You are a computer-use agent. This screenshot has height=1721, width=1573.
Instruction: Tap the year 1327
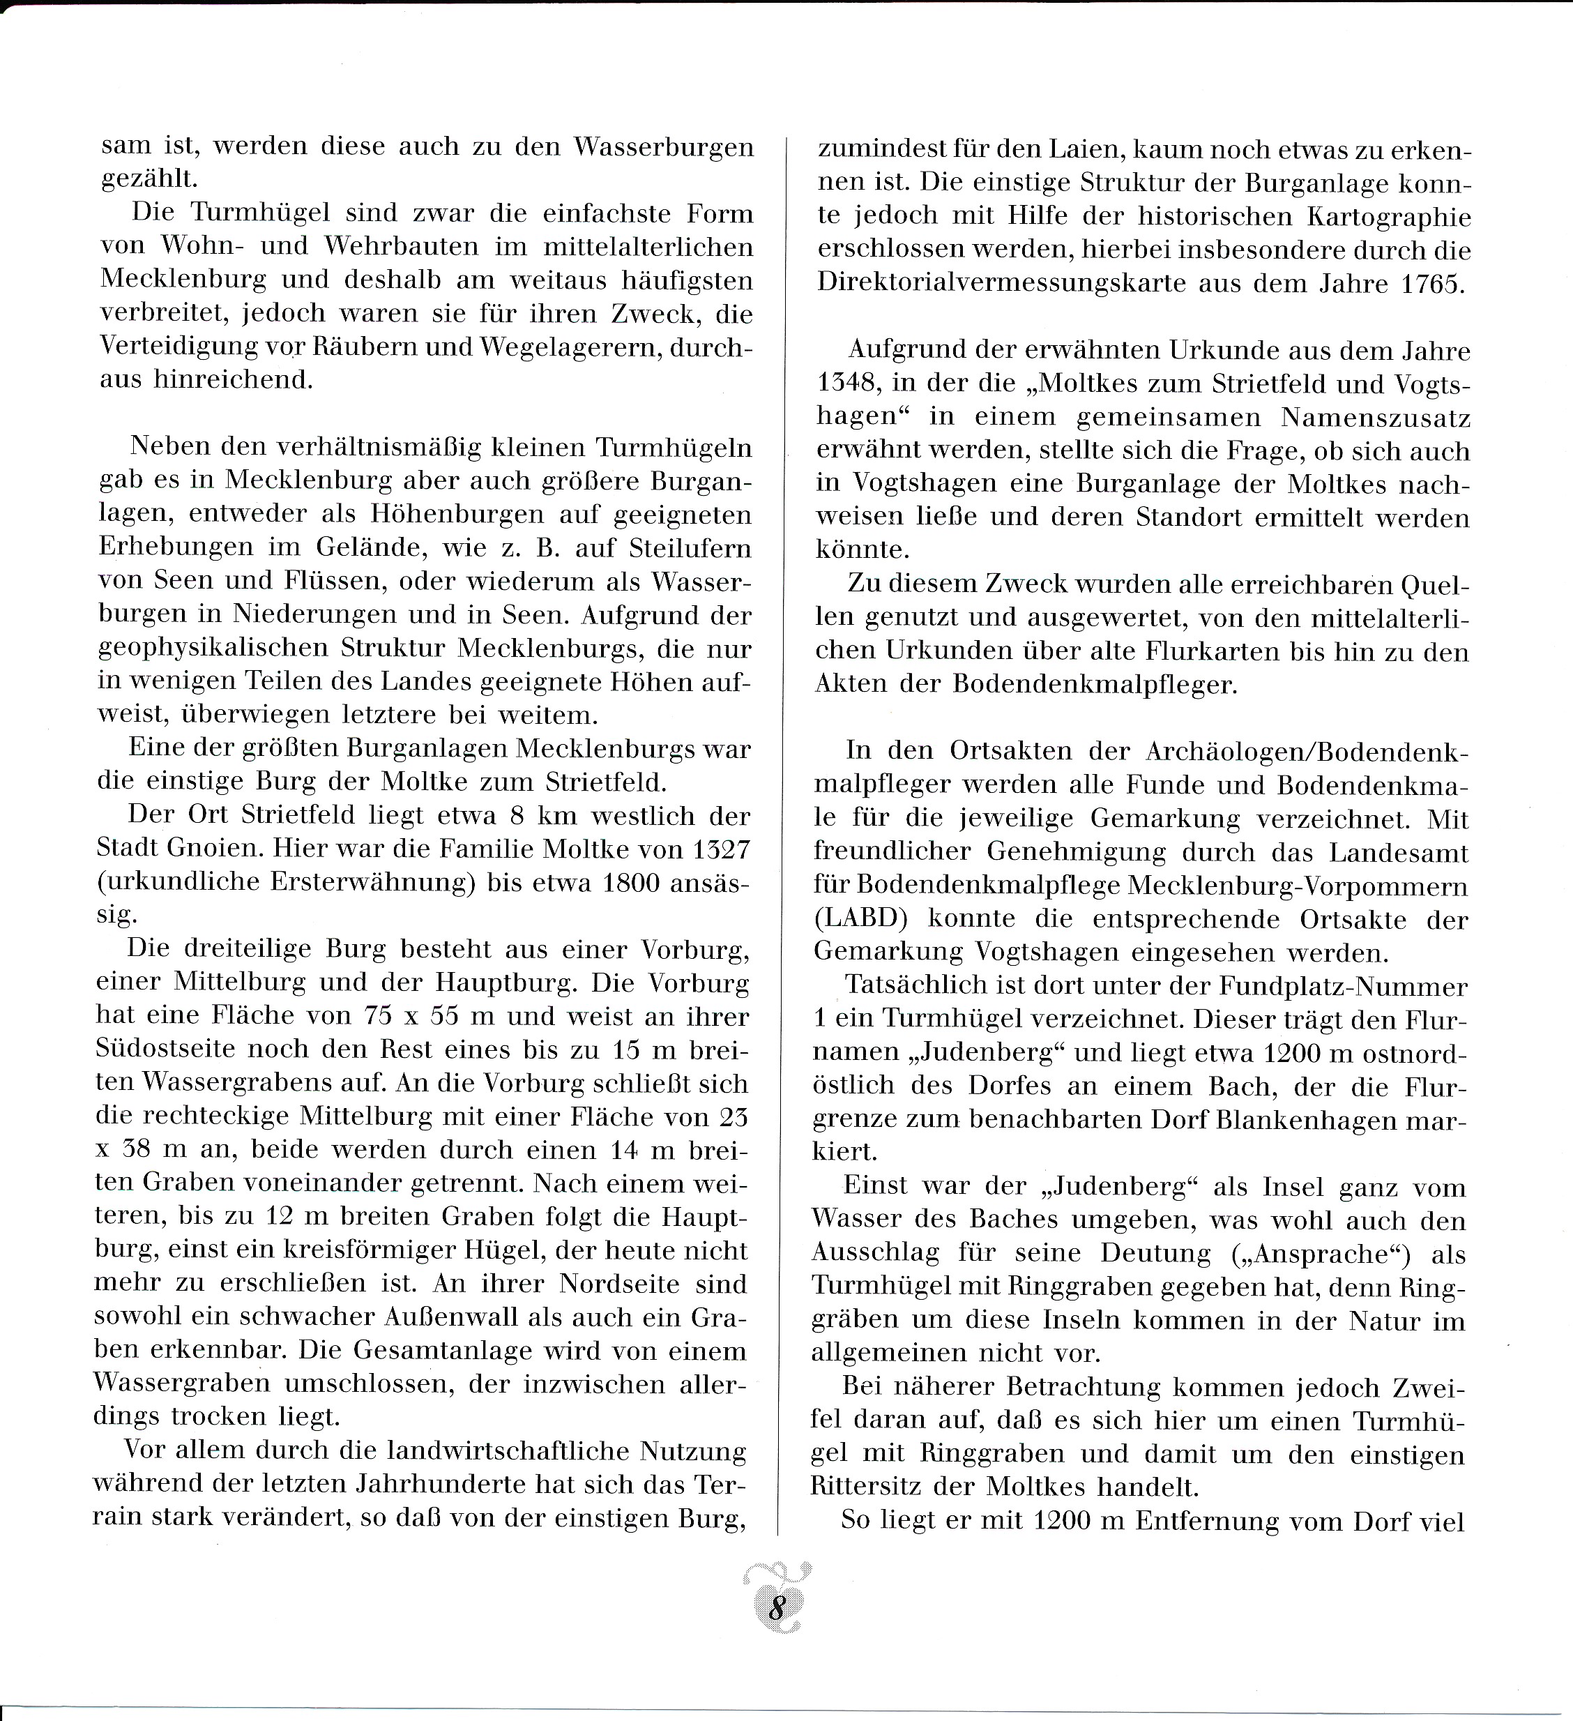pyautogui.click(x=720, y=849)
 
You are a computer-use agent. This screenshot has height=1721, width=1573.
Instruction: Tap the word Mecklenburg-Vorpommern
pyautogui.click(x=1298, y=886)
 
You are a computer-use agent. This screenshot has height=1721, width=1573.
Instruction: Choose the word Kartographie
pyautogui.click(x=1389, y=217)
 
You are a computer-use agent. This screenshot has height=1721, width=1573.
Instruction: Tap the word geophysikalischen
pyautogui.click(x=214, y=648)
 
